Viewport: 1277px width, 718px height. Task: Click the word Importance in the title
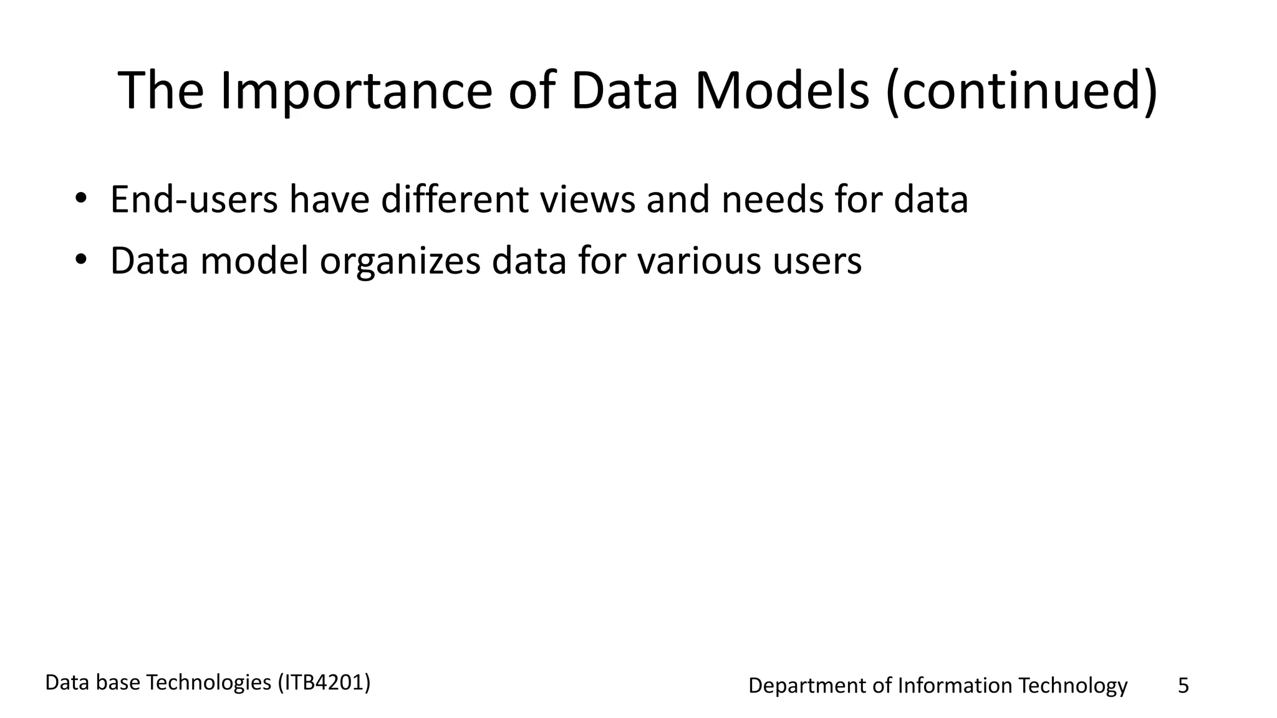point(356,91)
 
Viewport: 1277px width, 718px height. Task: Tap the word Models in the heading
point(782,91)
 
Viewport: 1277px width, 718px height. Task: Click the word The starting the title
point(161,91)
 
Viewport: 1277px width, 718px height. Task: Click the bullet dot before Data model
point(80,261)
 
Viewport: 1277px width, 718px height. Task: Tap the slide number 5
point(1183,686)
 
